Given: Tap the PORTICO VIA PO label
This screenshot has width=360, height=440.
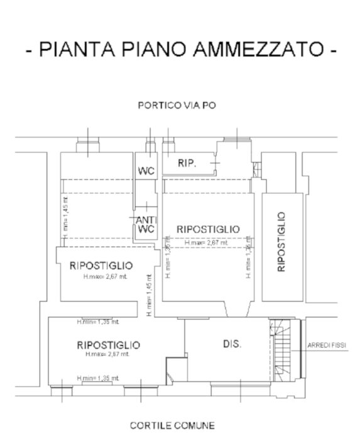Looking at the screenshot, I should [177, 106].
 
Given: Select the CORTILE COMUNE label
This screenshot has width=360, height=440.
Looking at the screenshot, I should [172, 426].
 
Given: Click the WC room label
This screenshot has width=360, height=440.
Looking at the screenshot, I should [146, 171].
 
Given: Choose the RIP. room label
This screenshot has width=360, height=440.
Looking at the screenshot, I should [187, 163].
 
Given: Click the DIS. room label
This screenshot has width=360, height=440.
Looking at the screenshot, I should [232, 344].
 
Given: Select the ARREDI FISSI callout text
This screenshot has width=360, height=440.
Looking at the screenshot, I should [327, 345].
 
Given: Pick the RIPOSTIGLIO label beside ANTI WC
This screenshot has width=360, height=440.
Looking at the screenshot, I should [208, 229].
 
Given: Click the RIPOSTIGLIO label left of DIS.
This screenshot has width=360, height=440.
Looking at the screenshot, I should [108, 345].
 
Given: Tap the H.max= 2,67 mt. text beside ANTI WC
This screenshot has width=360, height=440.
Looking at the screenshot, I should [207, 242].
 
